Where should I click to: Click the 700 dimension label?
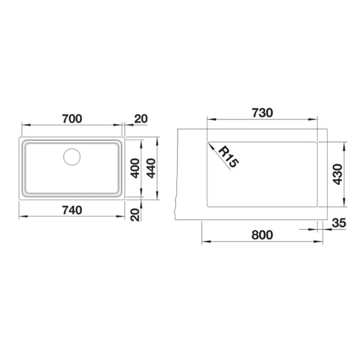point(72,119)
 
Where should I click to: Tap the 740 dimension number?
point(72,211)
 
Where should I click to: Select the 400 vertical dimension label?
point(135,168)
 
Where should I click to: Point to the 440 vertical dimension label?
point(151,168)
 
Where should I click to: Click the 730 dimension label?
point(262,113)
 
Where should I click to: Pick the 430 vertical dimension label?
point(337,174)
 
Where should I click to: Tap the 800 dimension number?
point(262,235)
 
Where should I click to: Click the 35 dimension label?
point(339,223)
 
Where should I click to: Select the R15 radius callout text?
point(228,157)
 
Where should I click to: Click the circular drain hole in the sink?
point(72,157)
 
